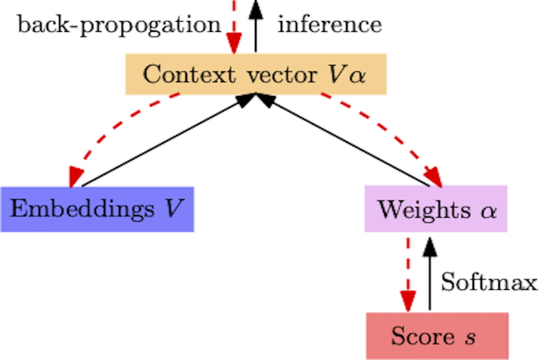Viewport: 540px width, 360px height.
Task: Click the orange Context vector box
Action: [x=256, y=74]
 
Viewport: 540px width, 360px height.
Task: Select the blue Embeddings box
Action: [x=97, y=209]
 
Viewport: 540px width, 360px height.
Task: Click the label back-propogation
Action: [x=119, y=25]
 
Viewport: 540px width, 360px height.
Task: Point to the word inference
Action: [x=329, y=25]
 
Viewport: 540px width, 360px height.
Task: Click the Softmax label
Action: [x=488, y=282]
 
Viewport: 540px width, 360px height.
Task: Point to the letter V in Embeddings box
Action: [x=174, y=209]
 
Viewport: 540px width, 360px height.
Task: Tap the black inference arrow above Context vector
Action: [x=256, y=27]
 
